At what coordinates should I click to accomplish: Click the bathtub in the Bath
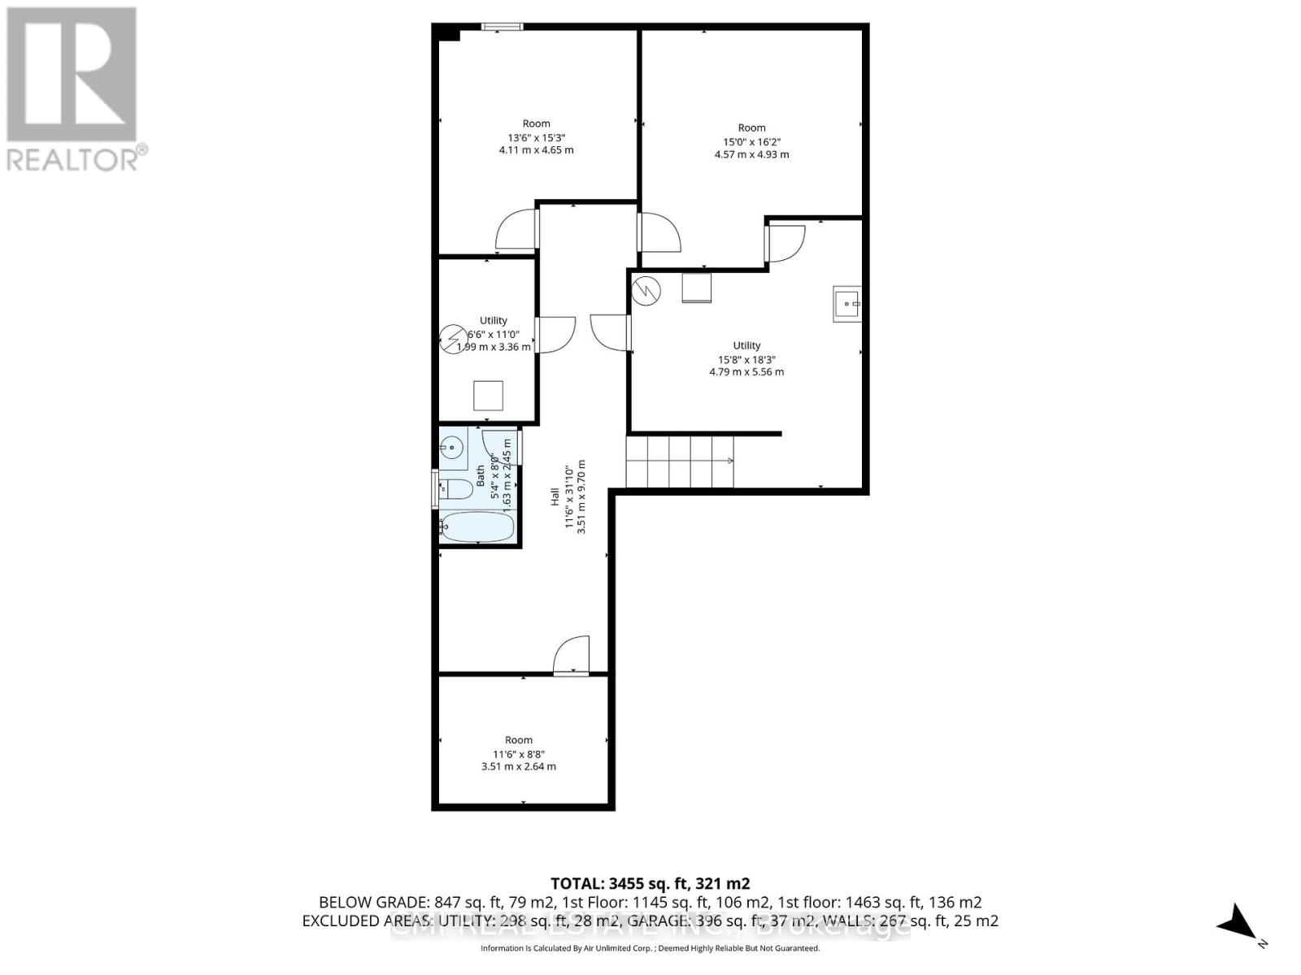point(477,526)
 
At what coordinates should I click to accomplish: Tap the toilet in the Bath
point(455,488)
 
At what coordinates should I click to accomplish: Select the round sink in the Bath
point(451,446)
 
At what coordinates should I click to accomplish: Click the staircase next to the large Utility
point(680,461)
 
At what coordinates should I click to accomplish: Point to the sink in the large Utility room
point(846,304)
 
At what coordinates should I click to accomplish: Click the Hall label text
point(555,496)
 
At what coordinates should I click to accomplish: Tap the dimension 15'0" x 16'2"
point(751,141)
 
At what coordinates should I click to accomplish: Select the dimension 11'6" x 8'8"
point(518,753)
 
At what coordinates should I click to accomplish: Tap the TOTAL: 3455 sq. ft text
point(650,883)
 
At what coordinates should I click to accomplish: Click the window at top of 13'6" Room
point(502,27)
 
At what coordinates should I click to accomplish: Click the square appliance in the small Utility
point(489,396)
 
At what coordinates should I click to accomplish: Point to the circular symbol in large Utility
point(648,291)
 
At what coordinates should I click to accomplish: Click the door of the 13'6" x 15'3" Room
point(517,230)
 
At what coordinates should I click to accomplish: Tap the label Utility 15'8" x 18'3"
point(746,358)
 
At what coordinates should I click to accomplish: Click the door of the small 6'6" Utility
point(555,334)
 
